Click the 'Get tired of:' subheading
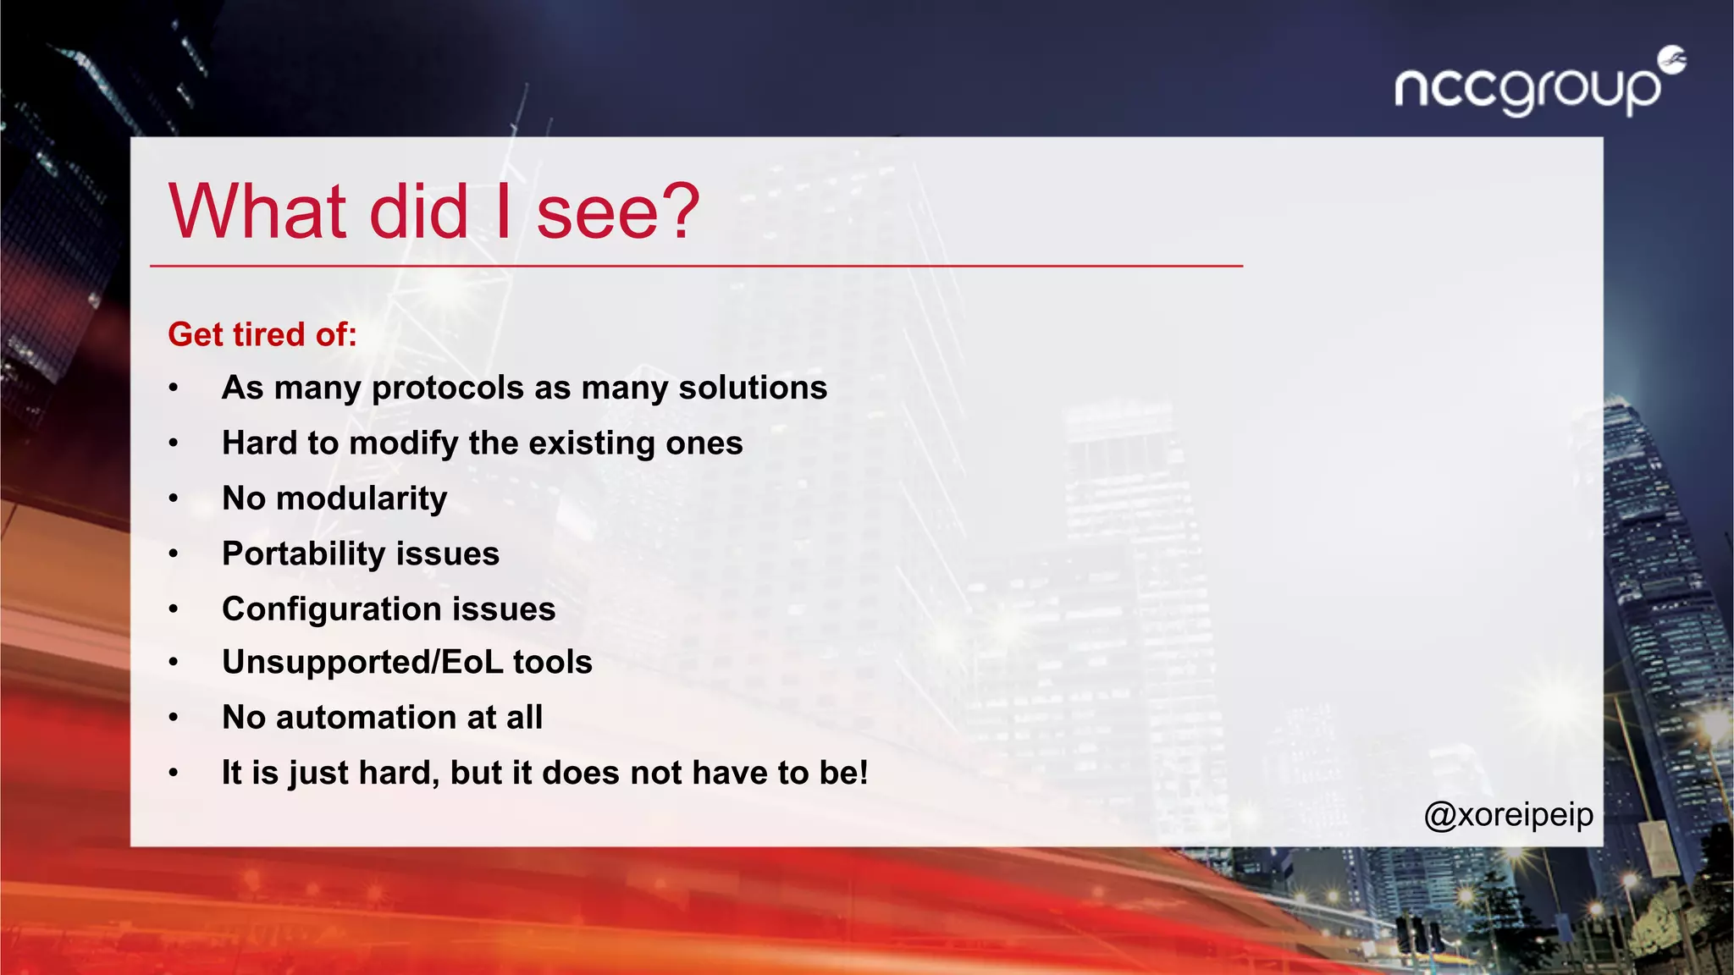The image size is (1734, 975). click(262, 334)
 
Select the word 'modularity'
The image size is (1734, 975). click(362, 499)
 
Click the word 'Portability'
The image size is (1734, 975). click(303, 554)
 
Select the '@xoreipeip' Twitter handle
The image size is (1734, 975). click(1508, 815)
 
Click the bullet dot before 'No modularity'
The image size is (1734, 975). click(174, 499)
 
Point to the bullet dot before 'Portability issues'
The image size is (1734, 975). click(174, 554)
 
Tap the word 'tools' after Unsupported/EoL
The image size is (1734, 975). click(552, 662)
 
